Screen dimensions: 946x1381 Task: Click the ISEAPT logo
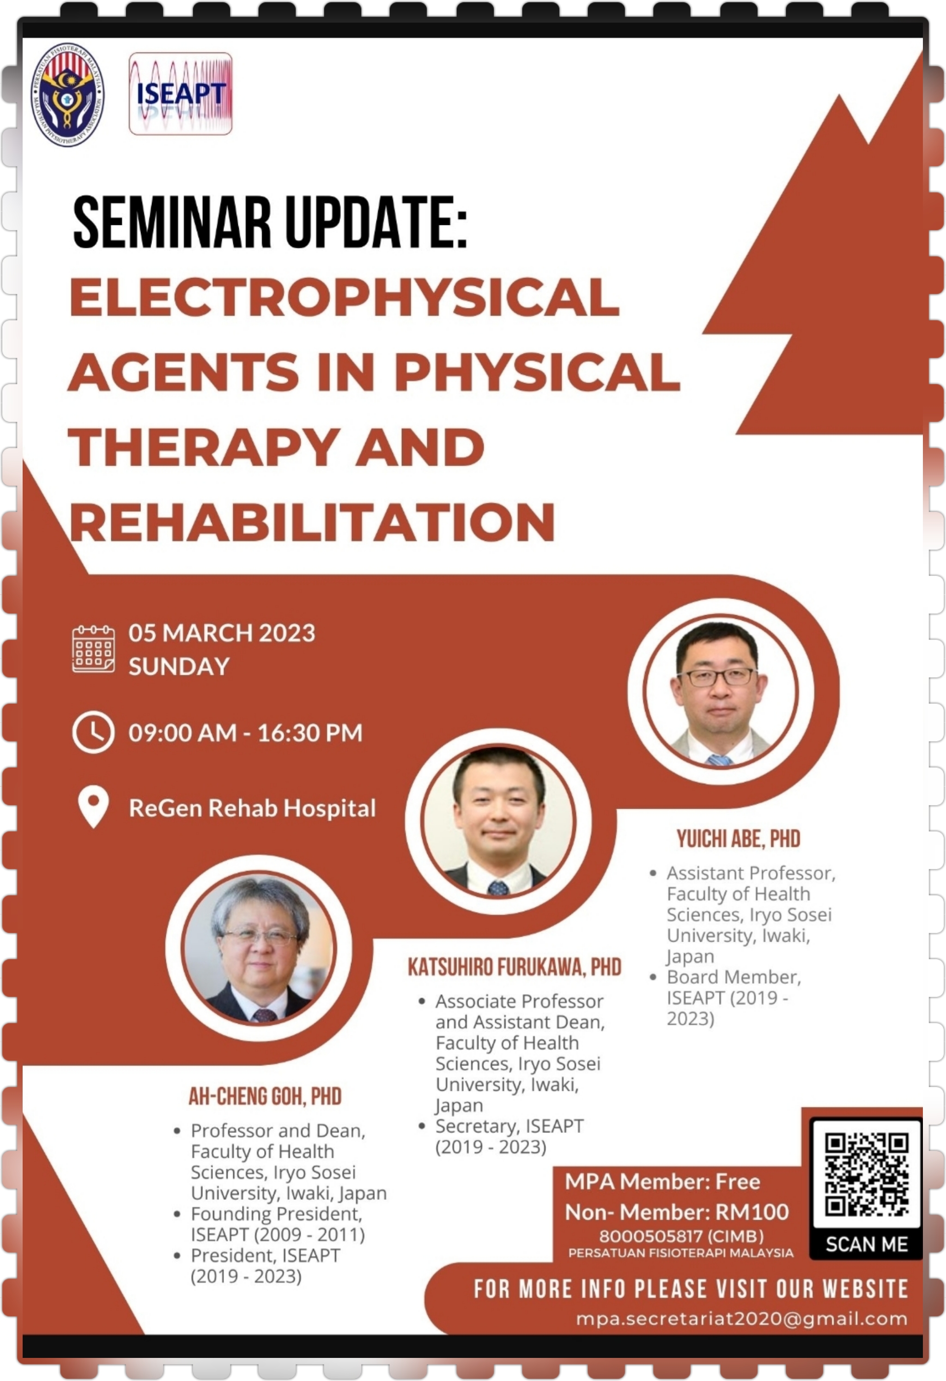pyautogui.click(x=181, y=93)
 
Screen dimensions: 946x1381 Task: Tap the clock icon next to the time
pyautogui.click(x=93, y=732)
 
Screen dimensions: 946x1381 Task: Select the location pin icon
pyautogui.click(x=93, y=807)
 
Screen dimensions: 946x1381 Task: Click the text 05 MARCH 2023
pyautogui.click(x=222, y=633)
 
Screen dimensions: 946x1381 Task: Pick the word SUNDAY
pyautogui.click(x=179, y=666)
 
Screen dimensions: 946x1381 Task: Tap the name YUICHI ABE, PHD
pyautogui.click(x=739, y=838)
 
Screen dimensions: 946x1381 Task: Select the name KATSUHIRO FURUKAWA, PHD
pyautogui.click(x=515, y=967)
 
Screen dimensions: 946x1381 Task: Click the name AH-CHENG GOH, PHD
pyautogui.click(x=265, y=1096)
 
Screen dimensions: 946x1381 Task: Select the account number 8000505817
pyautogui.click(x=652, y=1236)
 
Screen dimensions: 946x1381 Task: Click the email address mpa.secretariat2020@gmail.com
pyautogui.click(x=741, y=1319)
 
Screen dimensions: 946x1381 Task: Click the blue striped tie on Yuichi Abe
pyautogui.click(x=720, y=759)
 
